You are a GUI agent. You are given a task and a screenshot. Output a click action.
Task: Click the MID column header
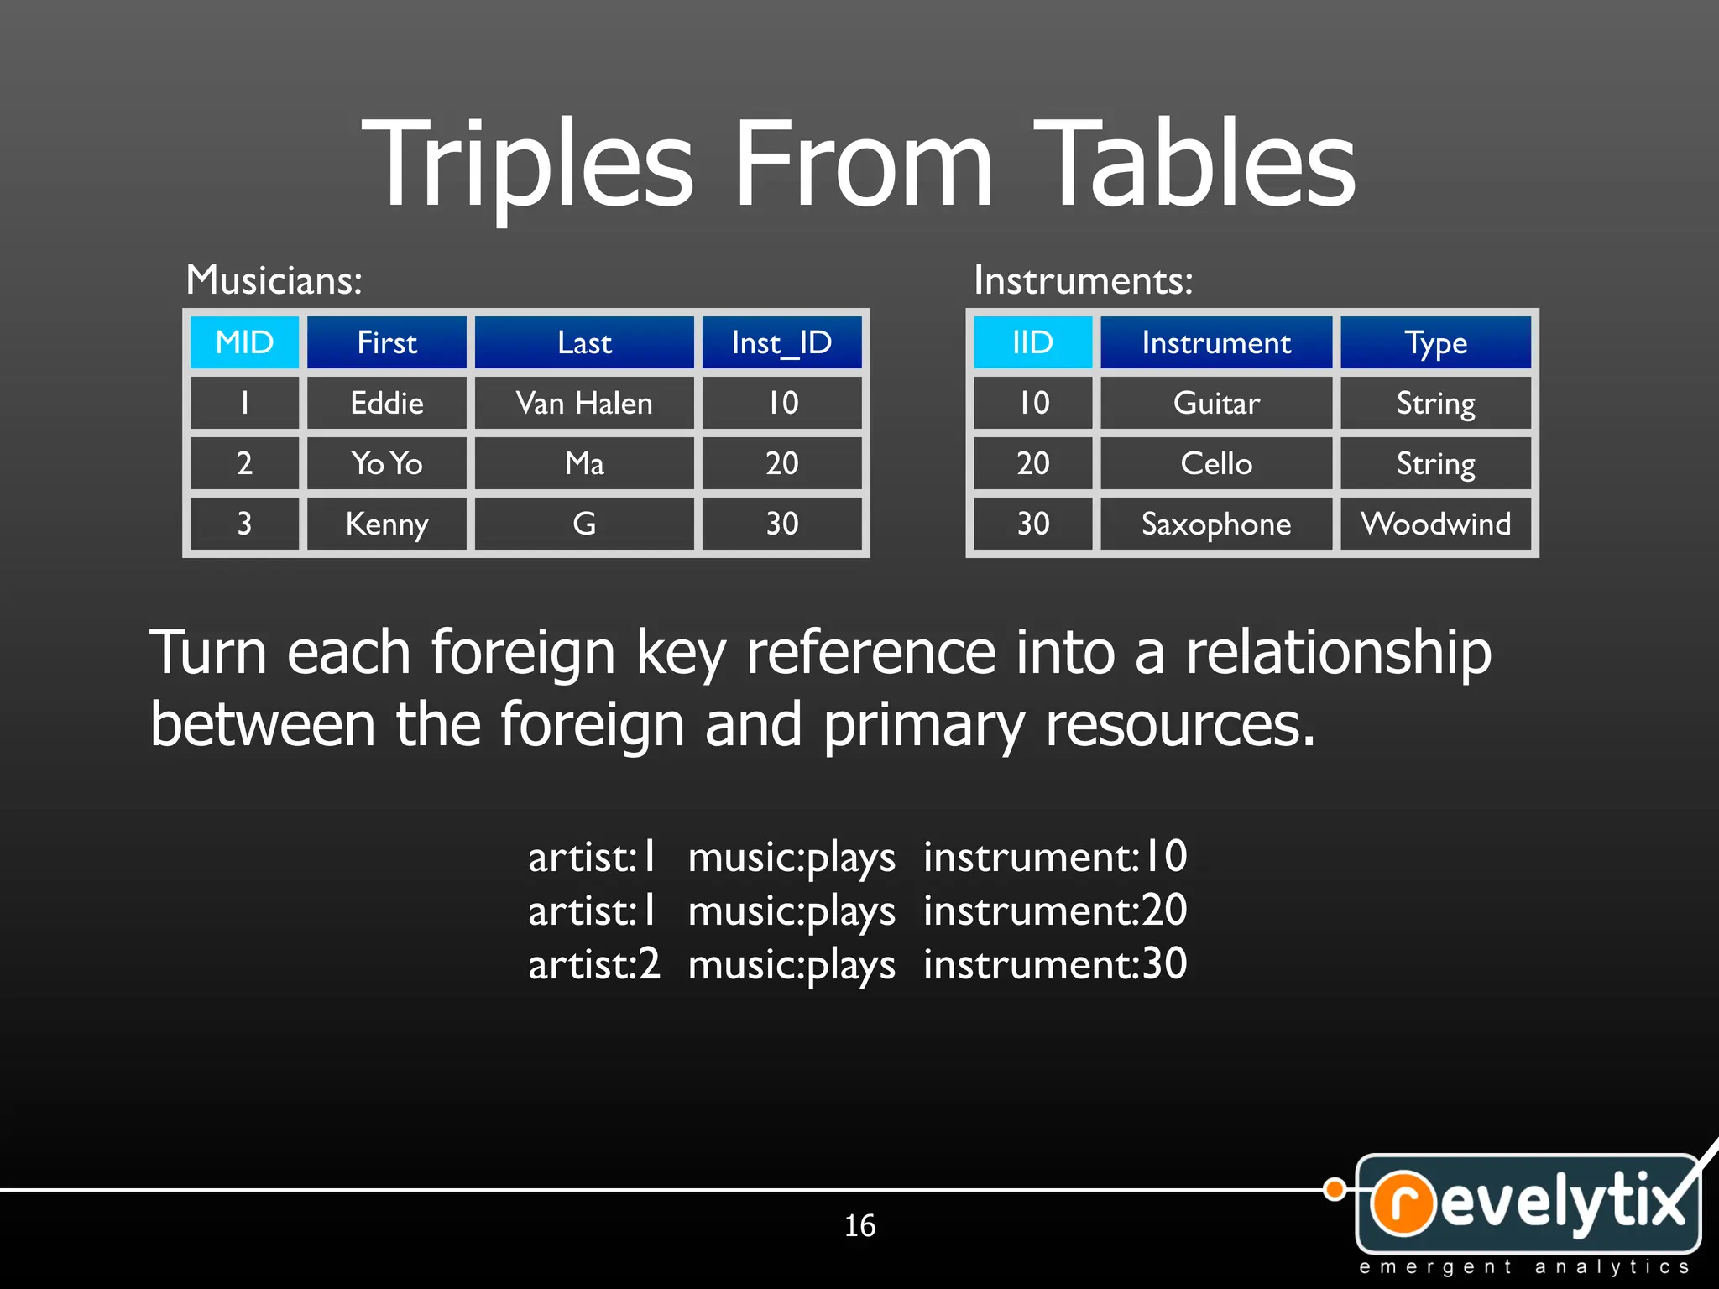point(244,342)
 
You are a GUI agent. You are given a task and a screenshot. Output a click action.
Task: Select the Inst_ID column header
point(781,342)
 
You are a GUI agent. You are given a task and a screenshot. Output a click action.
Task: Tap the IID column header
point(1032,342)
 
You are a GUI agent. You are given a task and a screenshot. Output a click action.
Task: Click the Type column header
point(1435,342)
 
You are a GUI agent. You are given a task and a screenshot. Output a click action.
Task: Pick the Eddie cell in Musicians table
point(387,403)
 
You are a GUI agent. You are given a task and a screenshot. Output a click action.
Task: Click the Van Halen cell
point(584,403)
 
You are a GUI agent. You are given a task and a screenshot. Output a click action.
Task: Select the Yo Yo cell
point(387,463)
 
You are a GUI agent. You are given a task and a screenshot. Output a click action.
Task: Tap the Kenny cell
point(387,524)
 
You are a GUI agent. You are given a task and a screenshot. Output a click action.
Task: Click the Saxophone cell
point(1216,524)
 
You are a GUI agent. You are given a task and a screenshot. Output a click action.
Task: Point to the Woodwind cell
point(1435,524)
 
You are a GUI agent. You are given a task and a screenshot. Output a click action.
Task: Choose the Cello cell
point(1216,463)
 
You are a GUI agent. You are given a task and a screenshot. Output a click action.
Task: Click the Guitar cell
point(1216,403)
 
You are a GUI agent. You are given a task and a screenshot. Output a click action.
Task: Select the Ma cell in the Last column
point(584,463)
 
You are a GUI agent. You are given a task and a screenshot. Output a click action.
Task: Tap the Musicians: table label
point(274,279)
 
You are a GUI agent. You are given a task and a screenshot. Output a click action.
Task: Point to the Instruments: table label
point(1083,279)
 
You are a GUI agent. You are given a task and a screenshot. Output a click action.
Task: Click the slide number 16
point(859,1225)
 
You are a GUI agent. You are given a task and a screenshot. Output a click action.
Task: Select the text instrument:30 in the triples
point(1055,963)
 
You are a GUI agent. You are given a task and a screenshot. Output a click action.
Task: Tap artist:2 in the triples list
point(594,963)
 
